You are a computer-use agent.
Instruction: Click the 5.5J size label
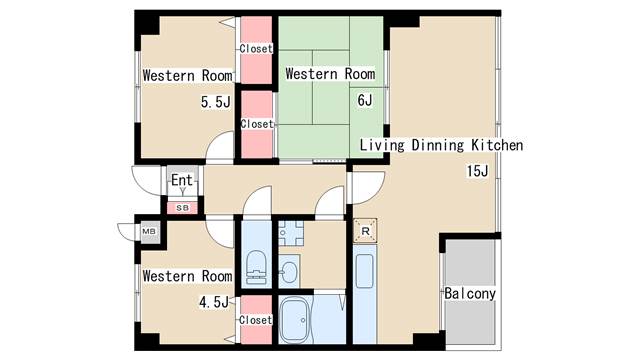pyautogui.click(x=216, y=102)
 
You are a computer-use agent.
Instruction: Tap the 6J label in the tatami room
pyautogui.click(x=365, y=100)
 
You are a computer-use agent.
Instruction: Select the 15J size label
pyautogui.click(x=478, y=171)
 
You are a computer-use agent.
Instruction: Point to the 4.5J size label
pyautogui.click(x=214, y=302)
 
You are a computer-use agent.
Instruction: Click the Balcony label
pyautogui.click(x=470, y=293)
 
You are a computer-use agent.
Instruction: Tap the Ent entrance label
pyautogui.click(x=182, y=180)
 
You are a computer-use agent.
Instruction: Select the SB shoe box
pyautogui.click(x=182, y=208)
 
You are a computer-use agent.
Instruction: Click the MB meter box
pyautogui.click(x=149, y=231)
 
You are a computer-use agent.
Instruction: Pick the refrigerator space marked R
pyautogui.click(x=365, y=231)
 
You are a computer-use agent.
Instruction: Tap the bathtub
pyautogui.click(x=296, y=320)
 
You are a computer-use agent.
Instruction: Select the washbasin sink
pyautogui.click(x=289, y=271)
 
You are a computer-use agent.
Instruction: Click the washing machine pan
pyautogui.click(x=291, y=233)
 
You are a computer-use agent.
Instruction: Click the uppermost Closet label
pyautogui.click(x=256, y=49)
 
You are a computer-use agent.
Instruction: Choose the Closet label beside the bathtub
pyautogui.click(x=256, y=320)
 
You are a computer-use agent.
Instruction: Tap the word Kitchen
pyautogui.click(x=497, y=145)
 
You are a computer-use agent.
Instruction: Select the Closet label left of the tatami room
pyautogui.click(x=257, y=124)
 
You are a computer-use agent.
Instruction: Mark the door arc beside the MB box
pyautogui.click(x=127, y=231)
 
